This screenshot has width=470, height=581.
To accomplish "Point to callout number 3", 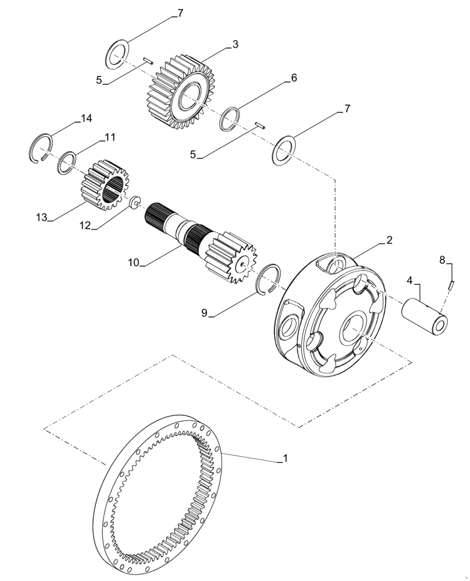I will pos(235,44).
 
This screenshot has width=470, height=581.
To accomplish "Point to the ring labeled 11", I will pos(66,162).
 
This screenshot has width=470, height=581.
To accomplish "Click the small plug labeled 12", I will pos(134,202).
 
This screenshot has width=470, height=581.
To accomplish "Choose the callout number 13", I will pos(41,217).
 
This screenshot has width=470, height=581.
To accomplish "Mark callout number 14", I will pos(86,119).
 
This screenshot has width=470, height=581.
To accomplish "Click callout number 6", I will pos(294,78).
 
